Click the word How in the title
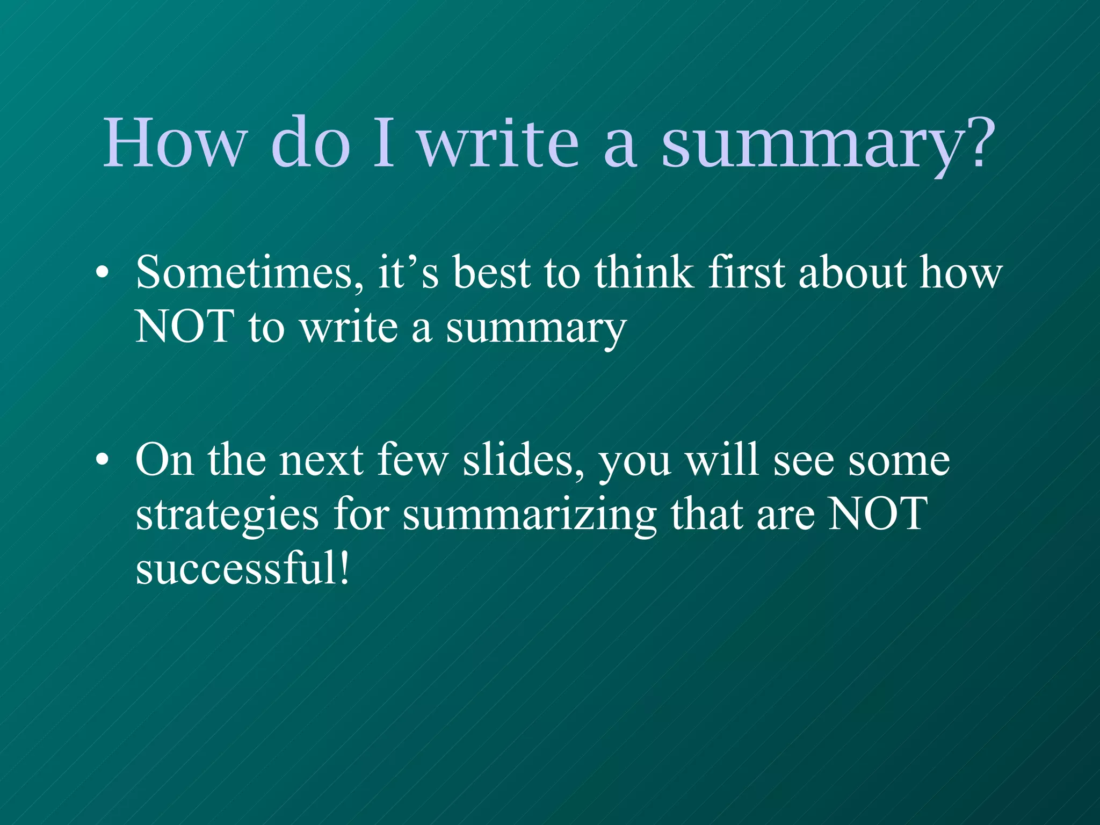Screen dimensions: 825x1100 click(174, 142)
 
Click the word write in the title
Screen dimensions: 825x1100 click(499, 142)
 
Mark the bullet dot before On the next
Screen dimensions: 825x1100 click(102, 461)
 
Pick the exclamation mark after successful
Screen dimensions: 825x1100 click(344, 568)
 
